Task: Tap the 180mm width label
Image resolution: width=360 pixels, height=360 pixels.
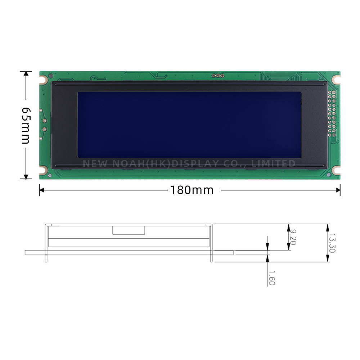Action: click(192, 190)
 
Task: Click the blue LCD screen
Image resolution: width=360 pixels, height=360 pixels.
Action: click(189, 124)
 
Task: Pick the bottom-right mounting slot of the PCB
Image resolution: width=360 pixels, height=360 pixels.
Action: click(336, 170)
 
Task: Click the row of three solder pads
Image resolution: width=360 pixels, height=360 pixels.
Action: click(218, 76)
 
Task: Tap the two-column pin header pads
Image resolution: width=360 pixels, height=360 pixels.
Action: click(332, 113)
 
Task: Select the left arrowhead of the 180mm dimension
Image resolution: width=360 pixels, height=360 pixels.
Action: click(41, 190)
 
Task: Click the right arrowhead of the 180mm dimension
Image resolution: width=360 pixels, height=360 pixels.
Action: click(338, 190)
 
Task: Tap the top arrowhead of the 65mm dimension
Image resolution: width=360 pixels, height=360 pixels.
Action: click(26, 73)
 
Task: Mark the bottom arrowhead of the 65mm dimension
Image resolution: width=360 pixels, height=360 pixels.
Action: click(26, 176)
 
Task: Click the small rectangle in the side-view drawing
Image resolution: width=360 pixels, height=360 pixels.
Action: click(129, 230)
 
